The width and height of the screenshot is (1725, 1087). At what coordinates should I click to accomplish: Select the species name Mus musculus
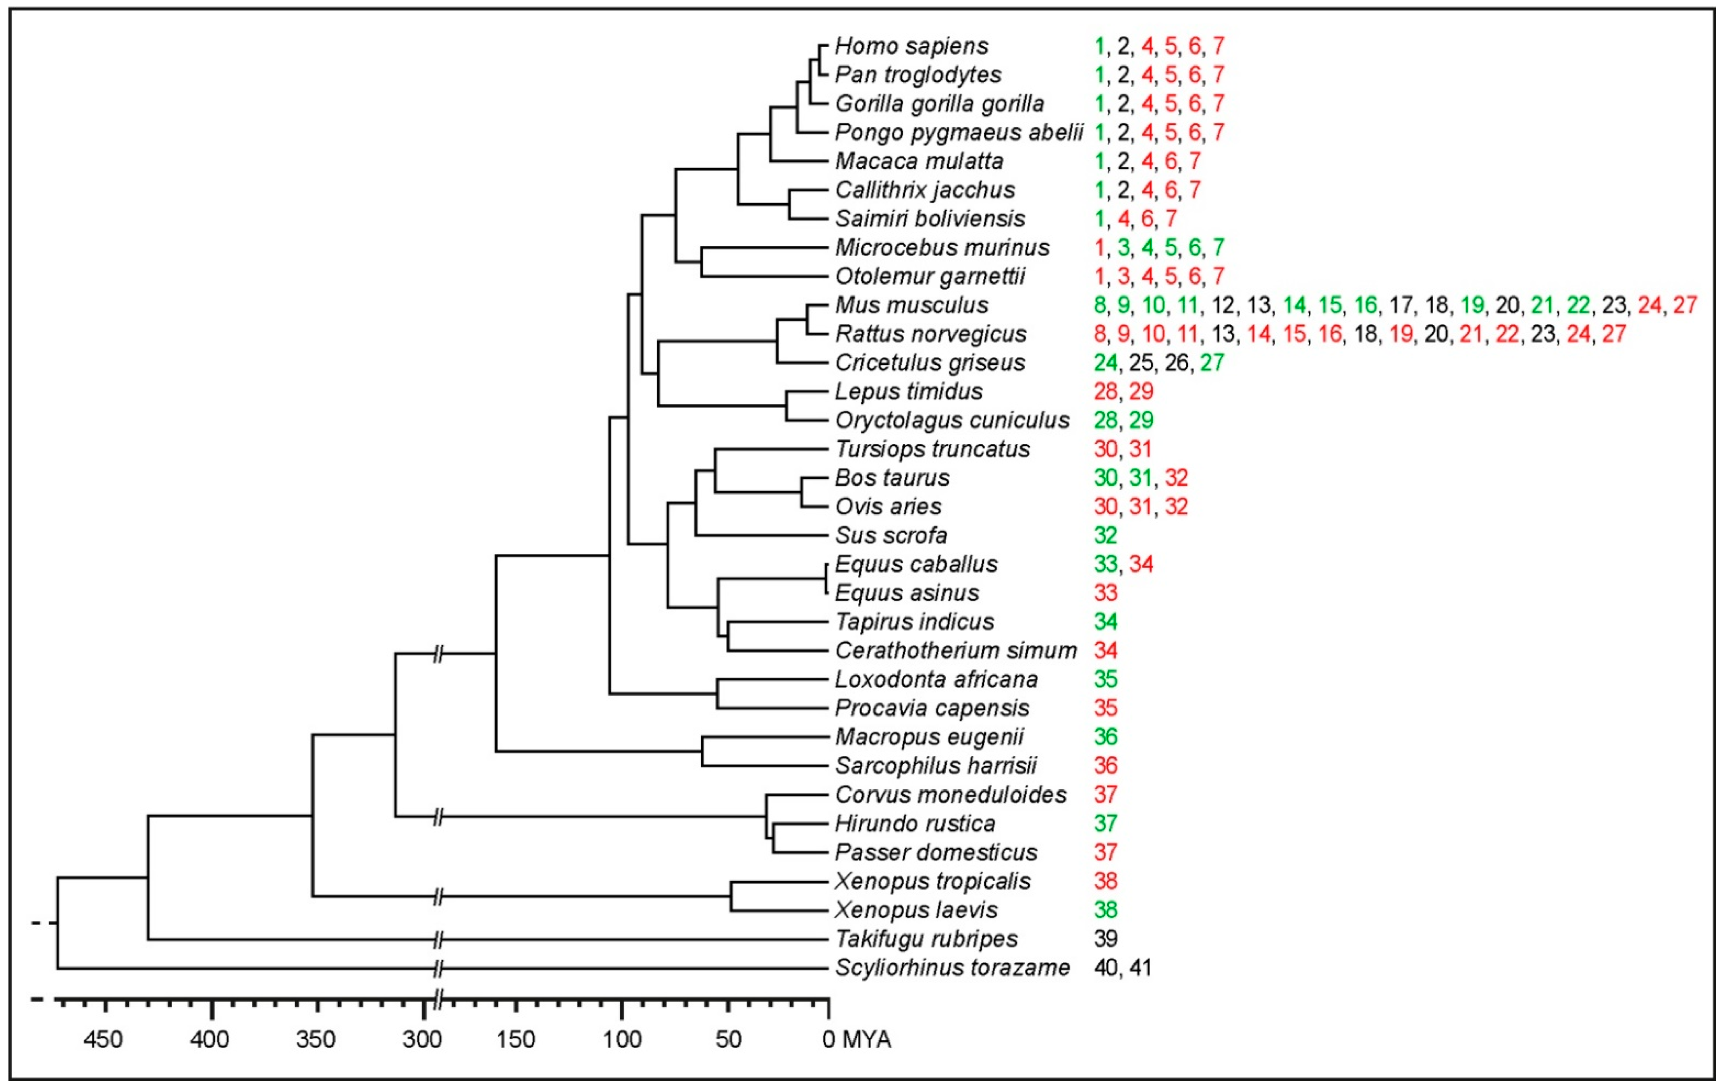pyautogui.click(x=911, y=305)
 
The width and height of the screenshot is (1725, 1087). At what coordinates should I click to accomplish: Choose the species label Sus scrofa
pyautogui.click(x=891, y=535)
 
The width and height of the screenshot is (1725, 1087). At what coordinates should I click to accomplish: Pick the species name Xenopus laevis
pyautogui.click(x=916, y=910)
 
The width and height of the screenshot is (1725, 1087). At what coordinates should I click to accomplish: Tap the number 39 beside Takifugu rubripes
pyautogui.click(x=1105, y=939)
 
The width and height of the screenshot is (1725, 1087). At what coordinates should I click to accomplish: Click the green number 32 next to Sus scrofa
pyautogui.click(x=1105, y=535)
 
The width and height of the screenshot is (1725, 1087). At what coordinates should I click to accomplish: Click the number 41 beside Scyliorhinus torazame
pyautogui.click(x=1140, y=968)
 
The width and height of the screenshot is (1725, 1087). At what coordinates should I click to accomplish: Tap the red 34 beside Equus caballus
pyautogui.click(x=1141, y=565)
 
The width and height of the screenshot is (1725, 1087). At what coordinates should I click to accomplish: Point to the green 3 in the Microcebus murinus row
pyautogui.click(x=1123, y=248)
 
